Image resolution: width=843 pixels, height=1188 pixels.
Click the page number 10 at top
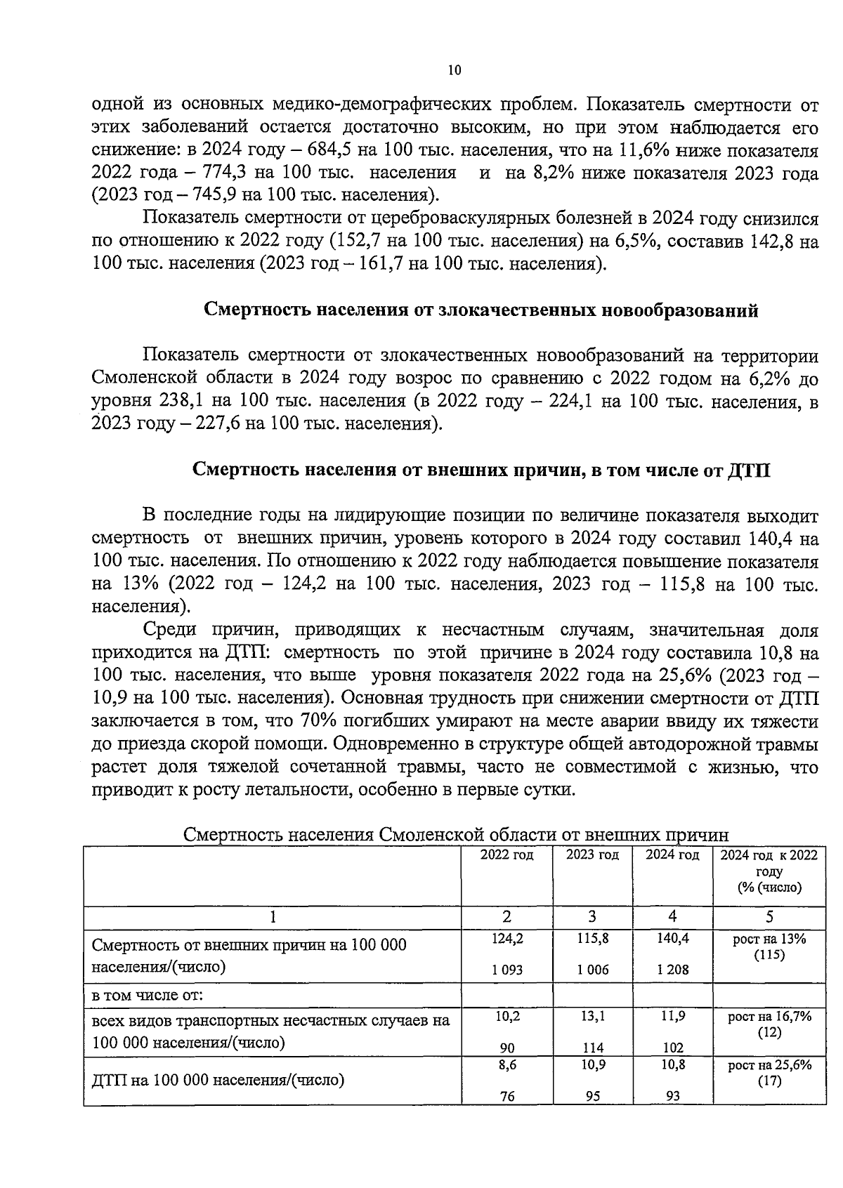[454, 70]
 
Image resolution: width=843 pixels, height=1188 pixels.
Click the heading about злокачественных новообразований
[481, 310]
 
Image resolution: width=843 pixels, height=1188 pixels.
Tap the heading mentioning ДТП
[481, 470]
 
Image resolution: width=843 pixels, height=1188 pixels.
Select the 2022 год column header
[507, 855]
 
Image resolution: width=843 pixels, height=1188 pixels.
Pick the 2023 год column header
[592, 855]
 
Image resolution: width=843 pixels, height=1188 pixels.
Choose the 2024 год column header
[672, 855]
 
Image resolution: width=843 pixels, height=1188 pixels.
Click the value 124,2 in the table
[507, 939]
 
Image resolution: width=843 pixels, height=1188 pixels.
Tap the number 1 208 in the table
[672, 970]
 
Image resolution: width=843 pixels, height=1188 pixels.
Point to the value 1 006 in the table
[592, 970]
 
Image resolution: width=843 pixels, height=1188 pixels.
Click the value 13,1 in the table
[593, 1015]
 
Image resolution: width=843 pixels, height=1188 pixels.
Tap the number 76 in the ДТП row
[507, 1095]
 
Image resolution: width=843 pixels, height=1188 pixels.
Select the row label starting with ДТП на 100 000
[218, 1080]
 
